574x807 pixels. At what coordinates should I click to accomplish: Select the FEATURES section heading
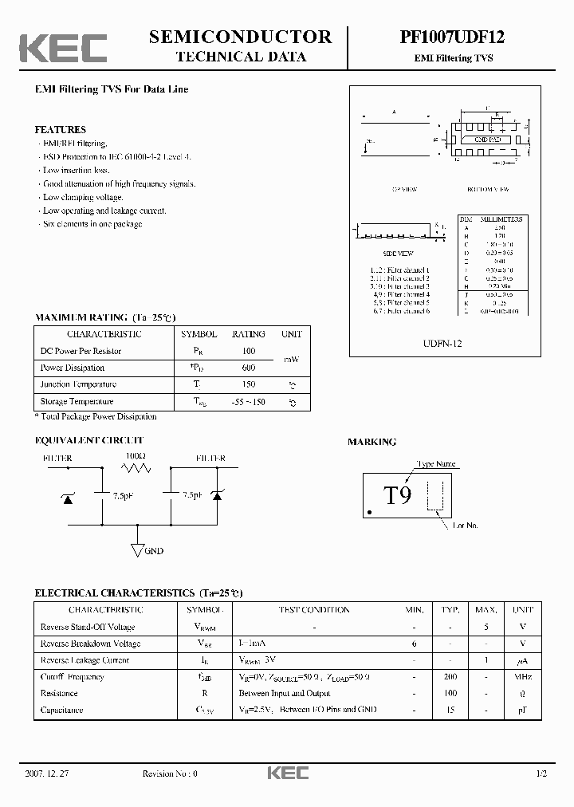click(x=61, y=129)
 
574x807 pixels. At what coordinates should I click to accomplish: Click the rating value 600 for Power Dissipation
click(x=248, y=368)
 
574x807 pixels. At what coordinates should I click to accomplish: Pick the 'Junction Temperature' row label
click(x=78, y=384)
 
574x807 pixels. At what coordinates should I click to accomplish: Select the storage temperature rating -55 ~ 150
click(x=248, y=401)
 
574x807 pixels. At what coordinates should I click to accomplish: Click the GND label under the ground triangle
click(x=154, y=551)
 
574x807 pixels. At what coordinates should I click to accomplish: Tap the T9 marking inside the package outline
click(x=398, y=496)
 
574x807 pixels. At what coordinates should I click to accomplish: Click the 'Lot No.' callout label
click(x=466, y=526)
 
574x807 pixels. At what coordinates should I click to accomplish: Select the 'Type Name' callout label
click(x=437, y=463)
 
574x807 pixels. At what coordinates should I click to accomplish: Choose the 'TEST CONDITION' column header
click(x=313, y=610)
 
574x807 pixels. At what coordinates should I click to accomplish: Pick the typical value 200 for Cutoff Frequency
click(x=450, y=676)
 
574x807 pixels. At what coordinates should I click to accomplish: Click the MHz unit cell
click(x=523, y=676)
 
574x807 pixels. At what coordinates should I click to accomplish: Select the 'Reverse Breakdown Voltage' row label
click(x=90, y=644)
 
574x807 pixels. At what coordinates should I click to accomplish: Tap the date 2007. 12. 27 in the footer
click(x=50, y=774)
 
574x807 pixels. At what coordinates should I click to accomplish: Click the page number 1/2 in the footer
click(x=542, y=774)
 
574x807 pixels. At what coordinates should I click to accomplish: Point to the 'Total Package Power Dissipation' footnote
click(x=98, y=416)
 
